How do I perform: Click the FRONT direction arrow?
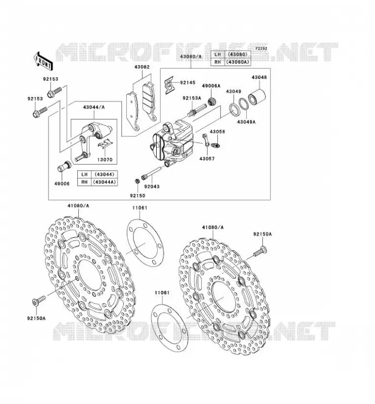click(43, 61)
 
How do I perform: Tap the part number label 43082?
click(142, 67)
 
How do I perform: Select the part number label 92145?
click(188, 83)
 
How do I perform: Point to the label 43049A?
click(246, 122)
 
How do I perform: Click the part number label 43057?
click(207, 159)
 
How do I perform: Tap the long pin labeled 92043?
click(151, 173)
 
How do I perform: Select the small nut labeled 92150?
click(137, 181)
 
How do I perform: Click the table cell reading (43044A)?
click(105, 182)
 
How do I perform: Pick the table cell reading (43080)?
click(238, 55)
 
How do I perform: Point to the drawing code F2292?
click(261, 48)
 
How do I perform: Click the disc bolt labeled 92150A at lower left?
click(39, 300)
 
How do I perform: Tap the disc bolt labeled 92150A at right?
click(260, 251)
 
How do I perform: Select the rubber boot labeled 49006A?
click(212, 102)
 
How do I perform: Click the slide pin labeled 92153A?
click(197, 110)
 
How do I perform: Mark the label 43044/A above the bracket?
click(94, 107)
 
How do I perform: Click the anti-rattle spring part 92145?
click(169, 84)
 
